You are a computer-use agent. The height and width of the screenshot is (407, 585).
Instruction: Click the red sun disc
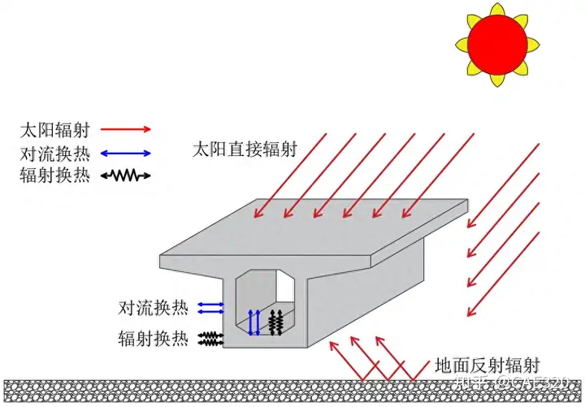point(496,42)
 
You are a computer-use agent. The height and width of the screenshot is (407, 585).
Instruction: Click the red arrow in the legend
point(125,129)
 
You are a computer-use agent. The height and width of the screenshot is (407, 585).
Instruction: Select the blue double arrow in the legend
point(125,153)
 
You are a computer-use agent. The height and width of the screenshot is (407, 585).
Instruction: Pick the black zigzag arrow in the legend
point(125,175)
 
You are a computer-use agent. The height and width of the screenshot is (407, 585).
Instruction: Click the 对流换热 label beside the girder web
point(154,308)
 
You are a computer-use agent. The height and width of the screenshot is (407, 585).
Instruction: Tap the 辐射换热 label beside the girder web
point(154,337)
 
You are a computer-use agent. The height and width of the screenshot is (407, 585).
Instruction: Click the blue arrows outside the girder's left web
point(211,307)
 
